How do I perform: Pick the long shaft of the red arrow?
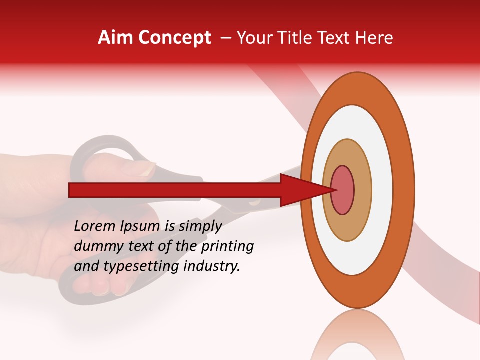[175, 190]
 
